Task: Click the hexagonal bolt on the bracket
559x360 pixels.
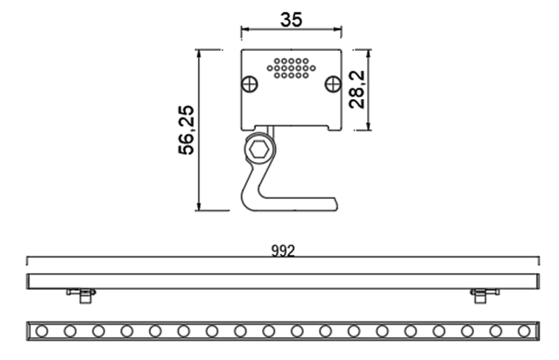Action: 260,150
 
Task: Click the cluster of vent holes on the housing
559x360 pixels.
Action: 290,68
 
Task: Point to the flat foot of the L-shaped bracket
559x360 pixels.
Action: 298,204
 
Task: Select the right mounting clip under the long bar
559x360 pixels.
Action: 480,295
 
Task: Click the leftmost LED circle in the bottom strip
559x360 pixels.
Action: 42,330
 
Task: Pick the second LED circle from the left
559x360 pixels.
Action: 70,330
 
